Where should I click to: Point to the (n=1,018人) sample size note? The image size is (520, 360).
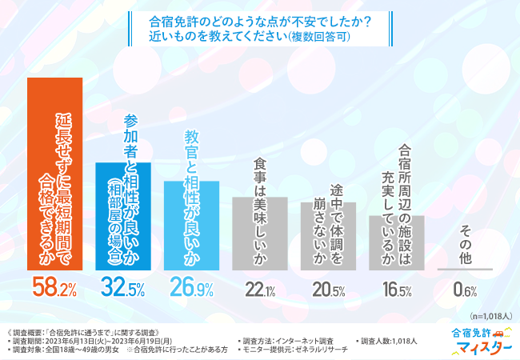pos(490,316)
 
